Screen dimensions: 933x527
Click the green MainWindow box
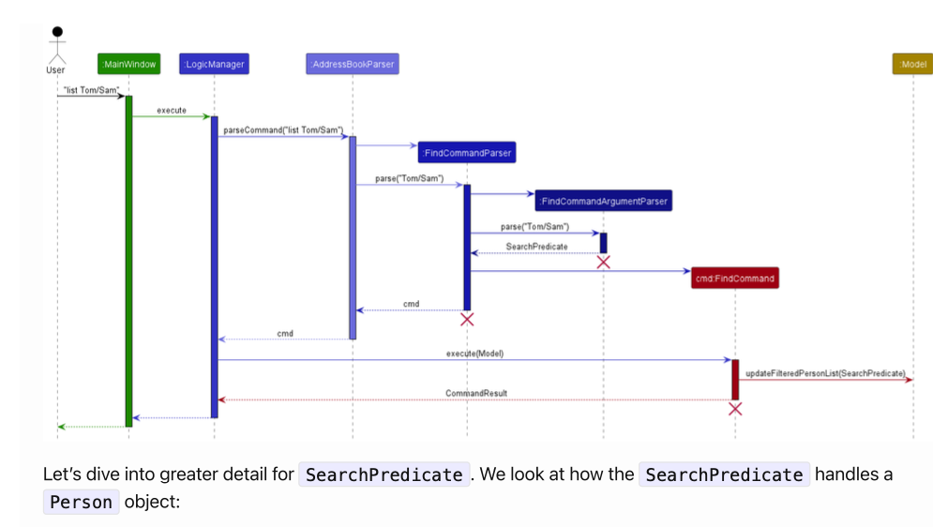click(x=128, y=65)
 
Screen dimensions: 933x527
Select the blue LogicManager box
click(x=214, y=65)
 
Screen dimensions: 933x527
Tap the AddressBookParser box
click(x=353, y=65)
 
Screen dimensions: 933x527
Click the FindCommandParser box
click(x=467, y=152)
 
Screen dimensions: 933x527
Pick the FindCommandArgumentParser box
click(x=604, y=201)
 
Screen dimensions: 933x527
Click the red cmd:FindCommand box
click(x=735, y=279)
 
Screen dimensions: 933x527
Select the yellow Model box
click(x=912, y=65)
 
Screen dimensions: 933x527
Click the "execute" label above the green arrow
click(x=171, y=111)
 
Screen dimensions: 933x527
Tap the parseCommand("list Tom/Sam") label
click(x=283, y=130)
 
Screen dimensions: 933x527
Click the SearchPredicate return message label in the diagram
click(x=536, y=247)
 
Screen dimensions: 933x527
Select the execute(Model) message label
click(x=474, y=354)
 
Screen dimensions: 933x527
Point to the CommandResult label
click(x=476, y=393)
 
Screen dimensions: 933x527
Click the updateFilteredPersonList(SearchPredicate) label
click(x=825, y=373)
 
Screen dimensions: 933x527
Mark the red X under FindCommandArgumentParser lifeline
click(x=604, y=262)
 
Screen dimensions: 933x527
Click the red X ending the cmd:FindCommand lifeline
click(x=735, y=408)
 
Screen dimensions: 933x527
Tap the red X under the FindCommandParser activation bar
click(x=467, y=320)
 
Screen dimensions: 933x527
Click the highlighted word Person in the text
click(x=81, y=502)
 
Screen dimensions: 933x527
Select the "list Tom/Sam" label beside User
click(x=90, y=90)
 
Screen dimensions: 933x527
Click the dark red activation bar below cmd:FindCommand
click(x=735, y=379)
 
